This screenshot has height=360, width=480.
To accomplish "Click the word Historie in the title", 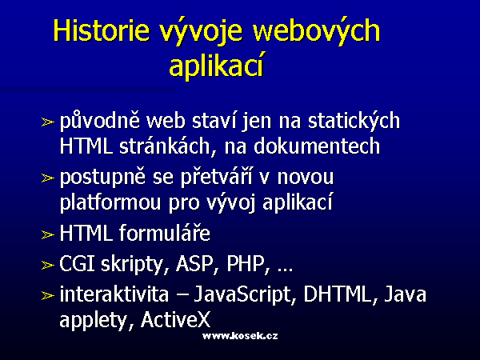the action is [102, 30].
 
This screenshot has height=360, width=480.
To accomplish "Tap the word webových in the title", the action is [317, 30].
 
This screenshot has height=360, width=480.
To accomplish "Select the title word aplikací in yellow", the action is [217, 66].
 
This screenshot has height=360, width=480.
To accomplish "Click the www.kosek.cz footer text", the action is [240, 336].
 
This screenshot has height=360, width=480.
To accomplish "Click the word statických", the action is [354, 120].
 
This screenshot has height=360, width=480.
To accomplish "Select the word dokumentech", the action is [317, 146].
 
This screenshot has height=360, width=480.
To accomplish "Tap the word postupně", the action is [102, 178].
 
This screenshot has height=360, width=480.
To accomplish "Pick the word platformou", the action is [110, 202].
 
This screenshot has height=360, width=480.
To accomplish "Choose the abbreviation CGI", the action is [78, 263].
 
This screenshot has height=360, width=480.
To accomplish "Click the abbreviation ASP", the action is [194, 263].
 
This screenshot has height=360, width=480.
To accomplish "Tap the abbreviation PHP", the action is [246, 263].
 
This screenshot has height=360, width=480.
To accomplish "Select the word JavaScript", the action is [242, 295].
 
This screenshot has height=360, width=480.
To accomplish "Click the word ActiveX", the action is [176, 320].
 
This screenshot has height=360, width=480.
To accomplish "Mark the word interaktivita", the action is [114, 294].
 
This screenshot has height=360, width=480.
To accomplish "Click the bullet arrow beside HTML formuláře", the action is [48, 234].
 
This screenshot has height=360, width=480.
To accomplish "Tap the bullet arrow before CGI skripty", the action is [48, 265].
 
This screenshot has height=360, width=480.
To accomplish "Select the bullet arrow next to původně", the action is [48, 122].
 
